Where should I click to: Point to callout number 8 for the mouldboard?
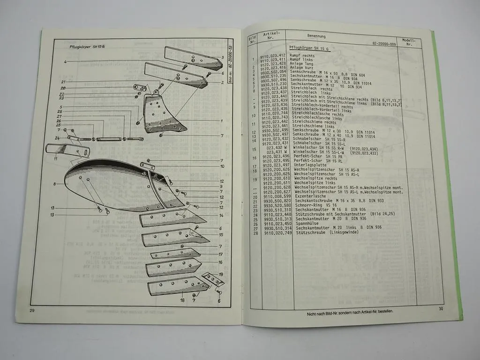coord(55,184)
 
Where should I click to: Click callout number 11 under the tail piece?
coord(55,159)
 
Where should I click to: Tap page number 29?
coord(32,311)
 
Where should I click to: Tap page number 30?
coord(441,308)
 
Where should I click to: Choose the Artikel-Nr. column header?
coord(271,36)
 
